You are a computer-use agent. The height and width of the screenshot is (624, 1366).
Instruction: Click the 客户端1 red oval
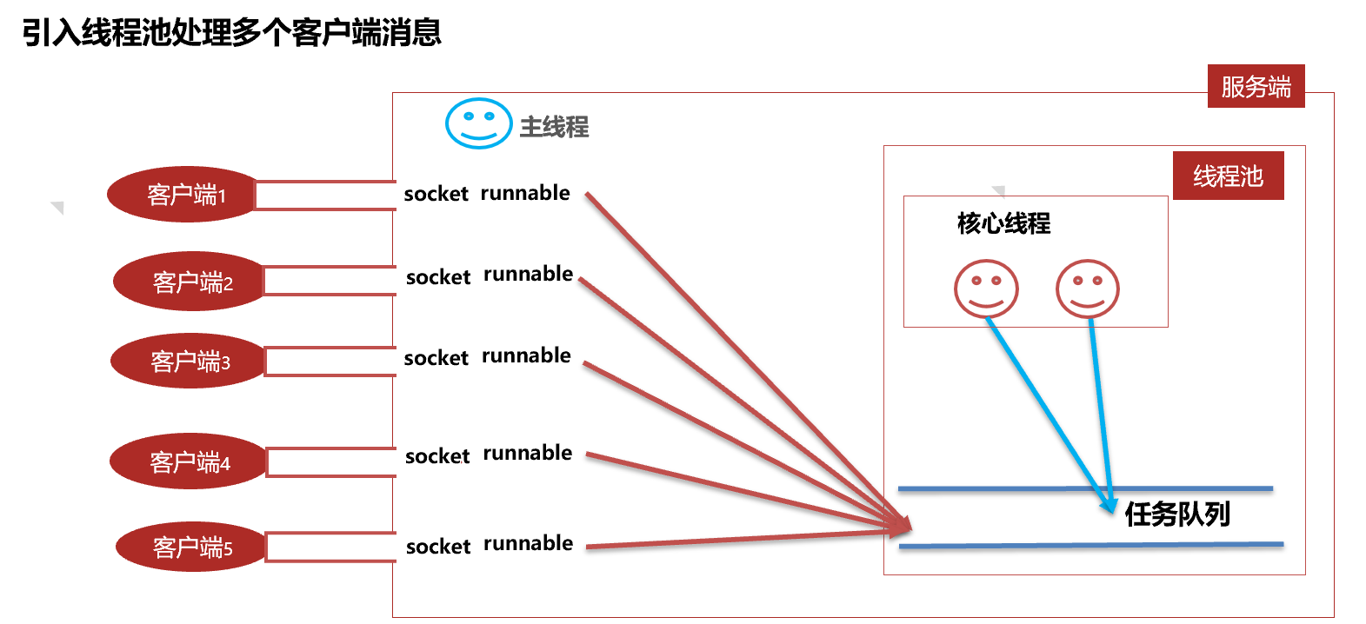(183, 195)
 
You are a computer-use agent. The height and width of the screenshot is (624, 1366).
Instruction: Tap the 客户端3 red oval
(188, 361)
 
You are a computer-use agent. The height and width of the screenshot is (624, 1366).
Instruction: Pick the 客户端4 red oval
(188, 461)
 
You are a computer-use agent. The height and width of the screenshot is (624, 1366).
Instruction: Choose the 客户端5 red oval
(190, 547)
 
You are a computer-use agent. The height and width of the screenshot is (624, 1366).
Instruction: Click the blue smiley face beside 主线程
(477, 123)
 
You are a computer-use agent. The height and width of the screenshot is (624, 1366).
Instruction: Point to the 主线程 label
(554, 127)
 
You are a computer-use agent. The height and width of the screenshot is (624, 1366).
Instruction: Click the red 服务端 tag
(1256, 86)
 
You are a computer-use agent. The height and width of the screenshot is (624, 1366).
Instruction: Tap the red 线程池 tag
(1228, 176)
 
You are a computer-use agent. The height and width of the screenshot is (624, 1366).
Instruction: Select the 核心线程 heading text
(1003, 223)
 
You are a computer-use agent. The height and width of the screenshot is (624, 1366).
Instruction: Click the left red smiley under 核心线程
(986, 289)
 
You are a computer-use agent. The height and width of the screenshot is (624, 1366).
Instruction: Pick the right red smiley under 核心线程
(1087, 289)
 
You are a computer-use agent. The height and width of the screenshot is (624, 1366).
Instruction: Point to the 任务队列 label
(1177, 514)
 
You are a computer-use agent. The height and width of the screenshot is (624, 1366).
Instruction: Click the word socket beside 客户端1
(436, 194)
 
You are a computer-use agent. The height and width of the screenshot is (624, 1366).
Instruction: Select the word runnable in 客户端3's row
(526, 355)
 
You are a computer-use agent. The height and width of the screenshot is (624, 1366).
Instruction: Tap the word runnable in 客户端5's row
(528, 543)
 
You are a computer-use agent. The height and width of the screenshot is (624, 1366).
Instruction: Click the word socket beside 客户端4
(437, 456)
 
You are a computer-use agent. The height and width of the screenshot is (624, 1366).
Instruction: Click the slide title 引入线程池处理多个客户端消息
(232, 33)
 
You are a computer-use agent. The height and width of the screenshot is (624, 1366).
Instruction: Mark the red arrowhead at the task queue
(903, 525)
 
